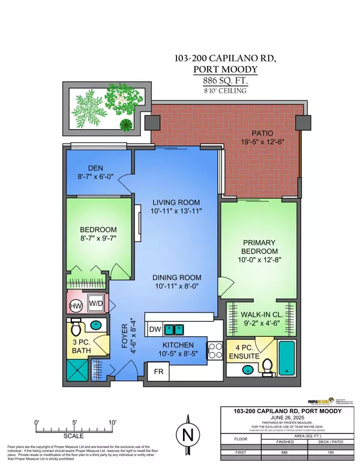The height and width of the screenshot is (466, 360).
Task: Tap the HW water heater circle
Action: click(x=75, y=306)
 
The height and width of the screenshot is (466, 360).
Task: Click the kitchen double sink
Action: click(x=174, y=330)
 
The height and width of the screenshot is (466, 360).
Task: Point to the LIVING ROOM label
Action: click(x=175, y=202)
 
